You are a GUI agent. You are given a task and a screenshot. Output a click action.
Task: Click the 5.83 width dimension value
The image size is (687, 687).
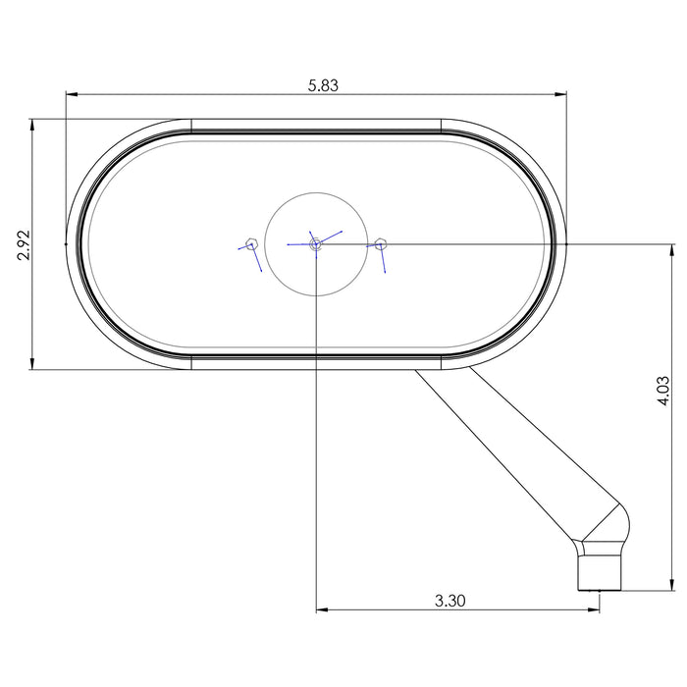click(x=323, y=85)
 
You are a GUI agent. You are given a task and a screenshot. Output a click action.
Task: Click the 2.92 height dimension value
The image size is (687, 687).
click(x=25, y=244)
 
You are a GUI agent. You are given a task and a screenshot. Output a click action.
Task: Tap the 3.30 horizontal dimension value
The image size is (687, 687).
click(x=449, y=601)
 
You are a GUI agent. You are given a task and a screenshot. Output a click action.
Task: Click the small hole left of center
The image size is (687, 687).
click(x=251, y=243)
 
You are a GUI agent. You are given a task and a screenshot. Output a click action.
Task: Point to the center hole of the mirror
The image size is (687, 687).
click(x=314, y=243)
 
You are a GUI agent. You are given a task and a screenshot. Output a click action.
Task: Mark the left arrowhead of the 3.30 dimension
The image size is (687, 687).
click(x=321, y=609)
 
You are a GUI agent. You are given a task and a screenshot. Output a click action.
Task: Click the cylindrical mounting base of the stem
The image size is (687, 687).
click(x=601, y=570)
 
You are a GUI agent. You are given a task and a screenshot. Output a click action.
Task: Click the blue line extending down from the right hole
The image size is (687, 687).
click(x=384, y=258)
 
